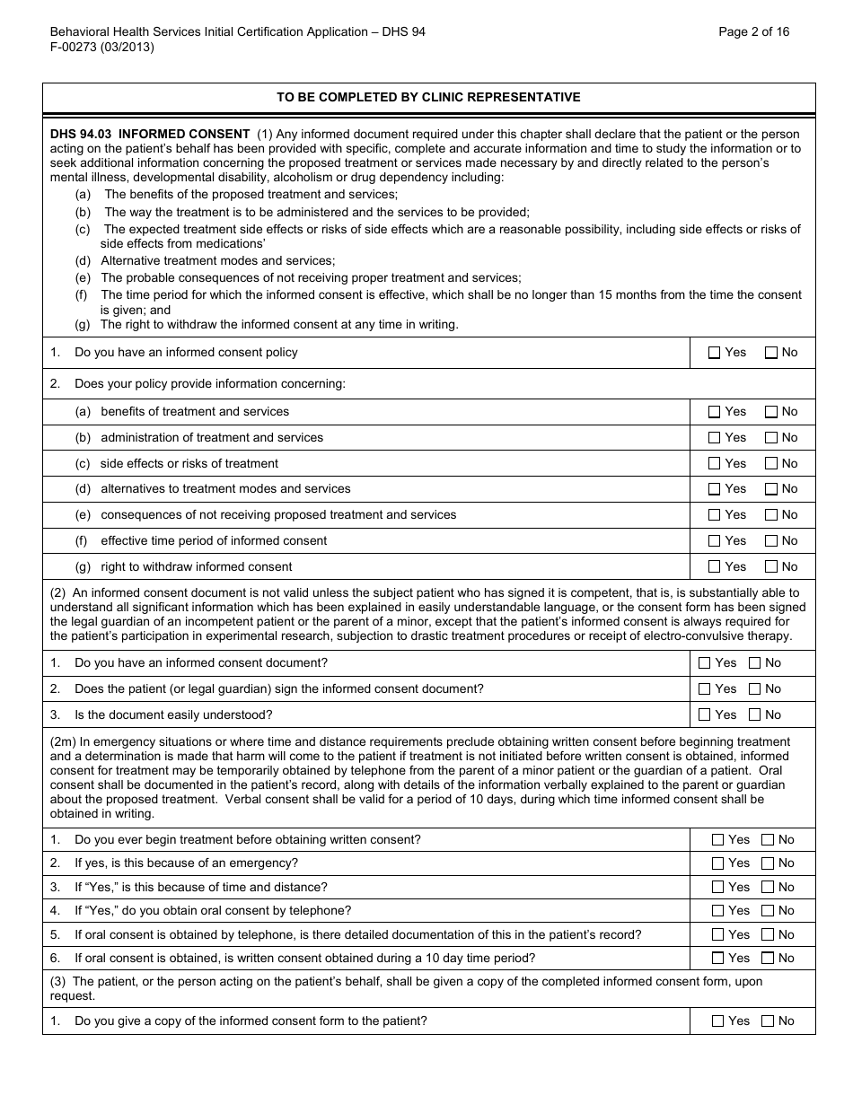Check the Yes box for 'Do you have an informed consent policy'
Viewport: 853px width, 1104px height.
click(715, 353)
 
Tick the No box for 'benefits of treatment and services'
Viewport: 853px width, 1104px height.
click(771, 412)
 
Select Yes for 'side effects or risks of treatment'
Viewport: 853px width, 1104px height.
click(715, 464)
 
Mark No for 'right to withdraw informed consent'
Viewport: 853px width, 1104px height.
click(771, 567)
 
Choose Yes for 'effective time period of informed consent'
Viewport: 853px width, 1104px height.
click(715, 541)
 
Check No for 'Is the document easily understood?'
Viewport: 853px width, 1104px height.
click(755, 715)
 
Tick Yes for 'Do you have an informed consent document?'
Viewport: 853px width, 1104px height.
click(705, 663)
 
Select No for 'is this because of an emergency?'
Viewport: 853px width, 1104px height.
click(768, 863)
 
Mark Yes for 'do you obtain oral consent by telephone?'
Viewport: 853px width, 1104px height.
click(717, 911)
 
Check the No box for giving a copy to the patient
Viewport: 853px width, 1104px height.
click(768, 1021)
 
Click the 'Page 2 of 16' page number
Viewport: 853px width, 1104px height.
click(754, 31)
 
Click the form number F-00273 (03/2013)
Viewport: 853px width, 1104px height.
click(102, 48)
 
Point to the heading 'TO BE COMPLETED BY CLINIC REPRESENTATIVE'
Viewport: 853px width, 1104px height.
click(428, 98)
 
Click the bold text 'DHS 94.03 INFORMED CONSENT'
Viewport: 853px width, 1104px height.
click(150, 135)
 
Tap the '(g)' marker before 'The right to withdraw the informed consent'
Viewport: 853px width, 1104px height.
click(83, 324)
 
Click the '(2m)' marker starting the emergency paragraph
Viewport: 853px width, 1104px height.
click(63, 741)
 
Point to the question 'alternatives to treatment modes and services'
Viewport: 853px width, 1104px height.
click(225, 489)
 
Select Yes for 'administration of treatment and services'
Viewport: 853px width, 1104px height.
click(715, 438)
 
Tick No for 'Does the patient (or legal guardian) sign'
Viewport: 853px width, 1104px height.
click(755, 689)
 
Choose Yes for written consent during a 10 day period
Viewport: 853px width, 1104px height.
click(717, 959)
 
